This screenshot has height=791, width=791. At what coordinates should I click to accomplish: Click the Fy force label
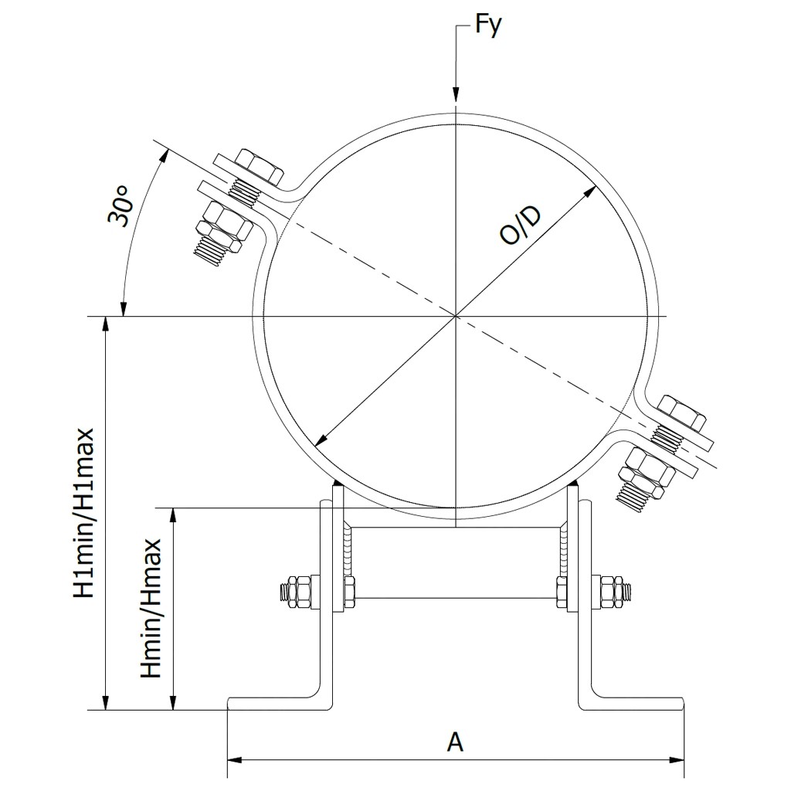pyautogui.click(x=488, y=25)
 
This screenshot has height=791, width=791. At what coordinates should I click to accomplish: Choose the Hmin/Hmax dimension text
pyautogui.click(x=151, y=608)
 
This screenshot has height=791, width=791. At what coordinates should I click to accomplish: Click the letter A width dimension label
pyautogui.click(x=456, y=742)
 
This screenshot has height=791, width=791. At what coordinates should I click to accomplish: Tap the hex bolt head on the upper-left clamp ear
pyautogui.click(x=256, y=165)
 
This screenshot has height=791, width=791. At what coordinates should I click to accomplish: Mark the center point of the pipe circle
pyautogui.click(x=457, y=316)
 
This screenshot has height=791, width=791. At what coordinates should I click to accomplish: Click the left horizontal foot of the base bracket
pyautogui.click(x=278, y=703)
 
